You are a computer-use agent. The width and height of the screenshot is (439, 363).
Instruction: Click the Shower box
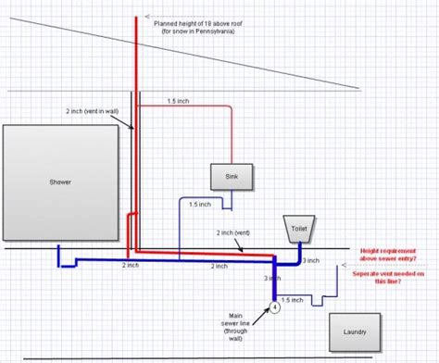click(59, 182)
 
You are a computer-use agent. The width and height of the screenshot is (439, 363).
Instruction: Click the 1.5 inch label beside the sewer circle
click(293, 299)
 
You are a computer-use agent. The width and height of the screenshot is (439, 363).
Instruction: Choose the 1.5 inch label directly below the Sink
click(198, 204)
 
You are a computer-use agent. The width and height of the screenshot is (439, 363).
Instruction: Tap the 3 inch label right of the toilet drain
click(310, 260)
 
